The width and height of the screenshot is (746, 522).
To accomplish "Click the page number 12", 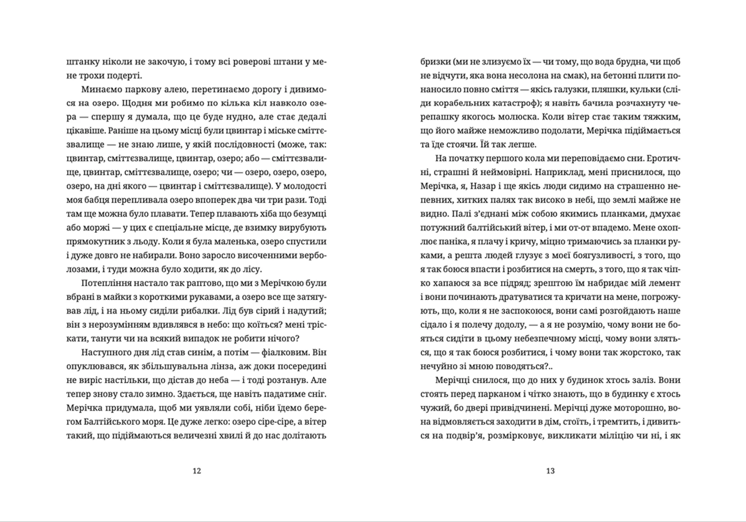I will [197, 471].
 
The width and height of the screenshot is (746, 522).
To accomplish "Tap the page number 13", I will [550, 471].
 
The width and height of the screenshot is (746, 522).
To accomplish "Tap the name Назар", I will [483, 186].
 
